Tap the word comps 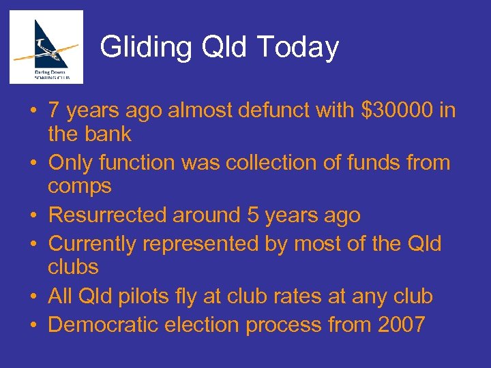(80, 187)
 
